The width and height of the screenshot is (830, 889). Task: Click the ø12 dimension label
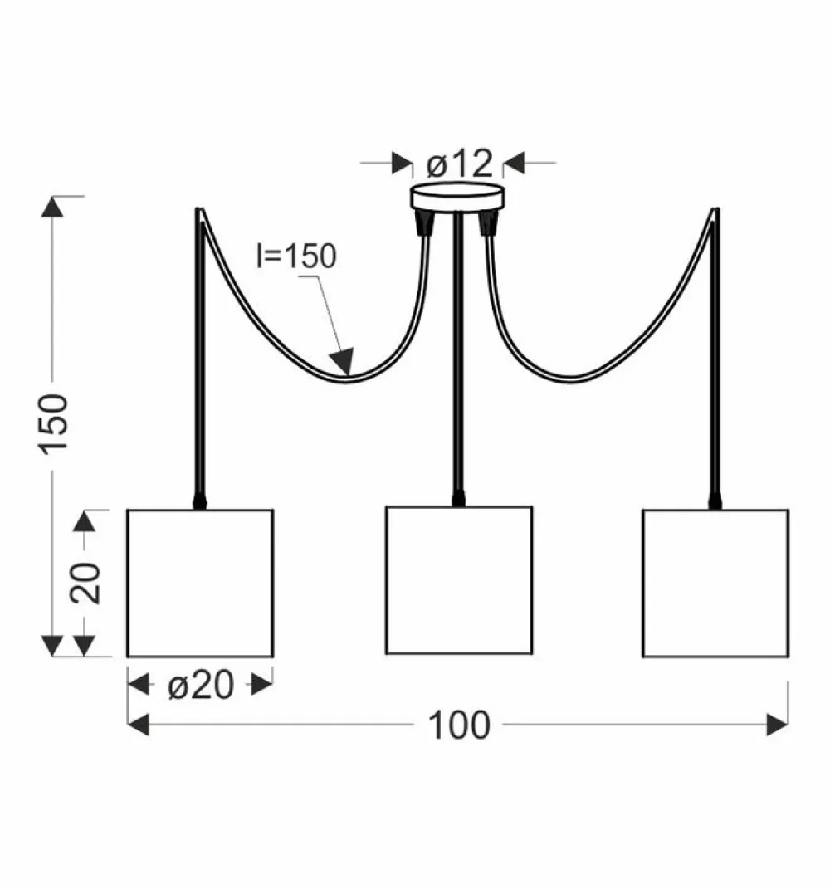point(459,164)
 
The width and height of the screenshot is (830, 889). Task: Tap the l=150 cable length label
point(296,256)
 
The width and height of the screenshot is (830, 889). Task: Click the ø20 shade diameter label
point(201,685)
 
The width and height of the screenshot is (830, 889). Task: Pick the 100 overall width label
point(459,725)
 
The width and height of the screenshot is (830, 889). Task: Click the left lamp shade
point(200,584)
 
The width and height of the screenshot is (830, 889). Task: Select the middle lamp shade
point(459,580)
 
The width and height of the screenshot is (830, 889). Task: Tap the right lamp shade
point(715,584)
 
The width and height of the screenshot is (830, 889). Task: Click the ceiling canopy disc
point(458,196)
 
